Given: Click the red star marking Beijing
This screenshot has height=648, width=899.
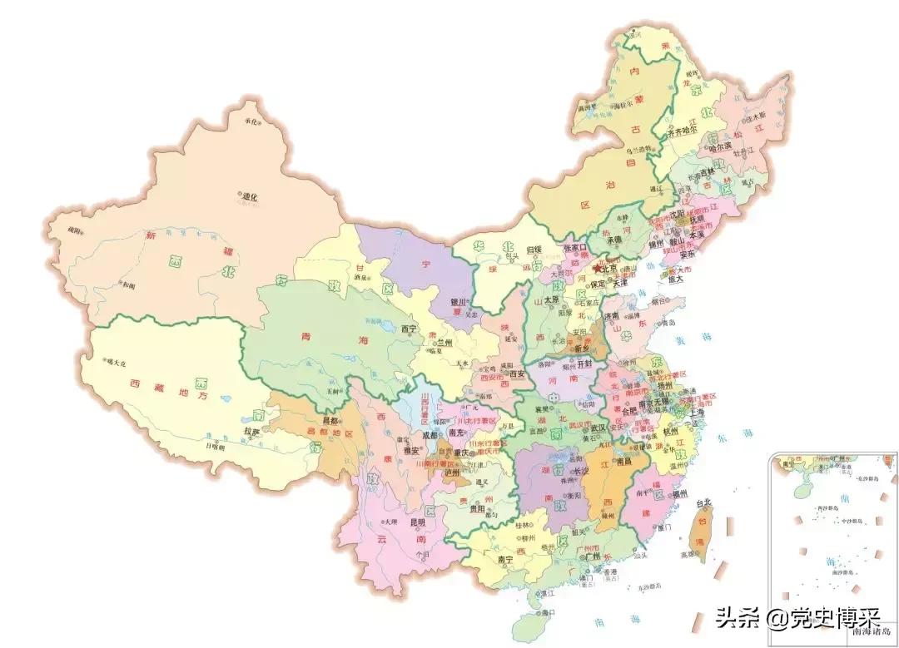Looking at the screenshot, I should (x=597, y=269).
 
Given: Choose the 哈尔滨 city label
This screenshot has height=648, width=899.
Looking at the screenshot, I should (x=719, y=146).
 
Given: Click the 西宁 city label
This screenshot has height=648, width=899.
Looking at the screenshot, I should (x=409, y=329).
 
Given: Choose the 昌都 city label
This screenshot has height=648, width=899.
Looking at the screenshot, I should (x=307, y=421).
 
